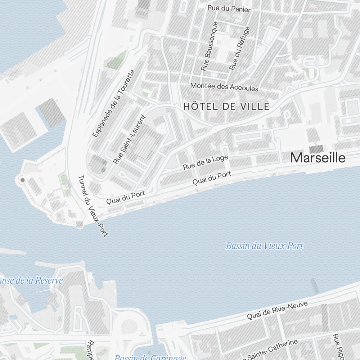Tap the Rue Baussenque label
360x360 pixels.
coord(210,46)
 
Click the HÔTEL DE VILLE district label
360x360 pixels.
coord(226,107)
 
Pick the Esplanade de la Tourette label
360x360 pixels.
coord(113,103)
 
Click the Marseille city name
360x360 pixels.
coord(318,158)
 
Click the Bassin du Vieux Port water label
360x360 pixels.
coord(265,246)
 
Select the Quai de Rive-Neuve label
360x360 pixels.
coord(277,311)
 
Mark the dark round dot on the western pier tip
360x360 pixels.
coord(22,180)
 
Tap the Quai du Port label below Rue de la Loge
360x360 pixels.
coord(212,178)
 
